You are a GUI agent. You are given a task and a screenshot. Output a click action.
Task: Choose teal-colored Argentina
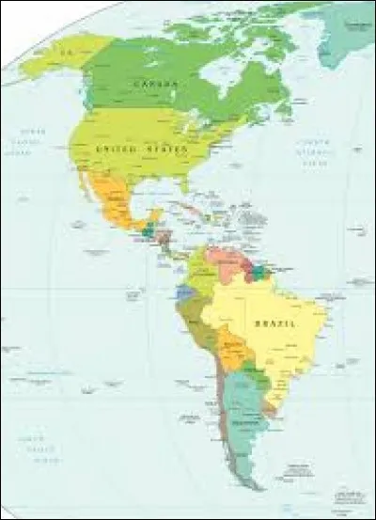tap(243, 414)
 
